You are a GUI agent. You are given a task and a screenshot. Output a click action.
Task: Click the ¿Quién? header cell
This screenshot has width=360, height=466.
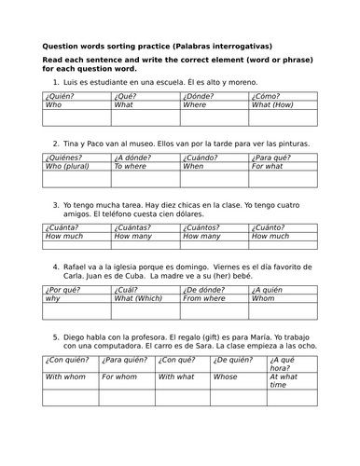62,96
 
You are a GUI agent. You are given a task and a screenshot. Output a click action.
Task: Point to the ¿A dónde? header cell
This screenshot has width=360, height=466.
133,157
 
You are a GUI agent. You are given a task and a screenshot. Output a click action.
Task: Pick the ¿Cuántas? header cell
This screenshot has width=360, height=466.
133,226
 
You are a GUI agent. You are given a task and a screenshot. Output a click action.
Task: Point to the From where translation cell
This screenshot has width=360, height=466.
204,299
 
